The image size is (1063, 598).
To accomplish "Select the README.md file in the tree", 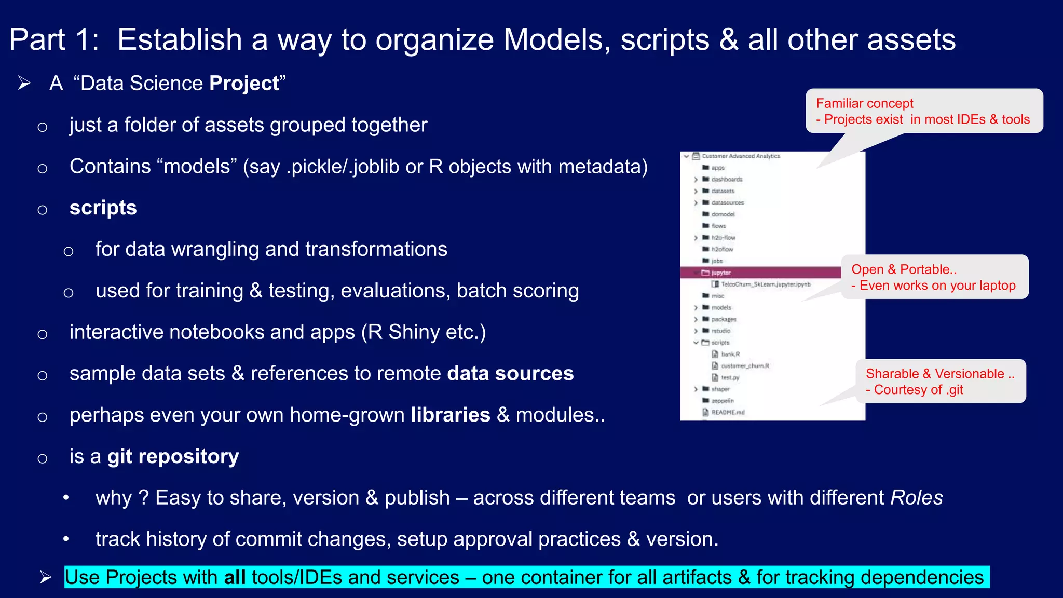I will click(x=727, y=412).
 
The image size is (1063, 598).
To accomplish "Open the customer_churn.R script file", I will click(x=744, y=366).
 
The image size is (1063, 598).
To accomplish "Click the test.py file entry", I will click(x=729, y=377).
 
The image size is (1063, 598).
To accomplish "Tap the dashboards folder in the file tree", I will click(x=726, y=179).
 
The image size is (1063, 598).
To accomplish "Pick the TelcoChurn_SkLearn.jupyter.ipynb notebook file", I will click(x=765, y=284).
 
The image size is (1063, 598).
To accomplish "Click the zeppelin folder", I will click(x=722, y=401).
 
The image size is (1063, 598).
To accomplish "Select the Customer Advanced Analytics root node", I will click(x=740, y=156).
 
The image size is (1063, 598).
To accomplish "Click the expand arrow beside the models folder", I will click(x=696, y=308).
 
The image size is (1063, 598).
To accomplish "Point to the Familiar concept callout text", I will click(x=864, y=103).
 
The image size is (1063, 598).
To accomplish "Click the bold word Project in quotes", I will click(x=244, y=84).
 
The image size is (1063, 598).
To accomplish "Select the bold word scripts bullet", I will click(x=103, y=208).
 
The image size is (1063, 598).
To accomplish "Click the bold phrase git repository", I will click(x=173, y=456).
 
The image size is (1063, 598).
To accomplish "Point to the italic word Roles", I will click(x=916, y=498).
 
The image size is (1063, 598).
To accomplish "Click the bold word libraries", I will click(x=450, y=415).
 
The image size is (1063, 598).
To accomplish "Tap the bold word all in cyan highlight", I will click(x=235, y=577).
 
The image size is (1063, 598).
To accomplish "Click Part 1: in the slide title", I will click(x=54, y=39).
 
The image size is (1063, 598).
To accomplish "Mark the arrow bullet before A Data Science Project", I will click(x=24, y=83).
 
